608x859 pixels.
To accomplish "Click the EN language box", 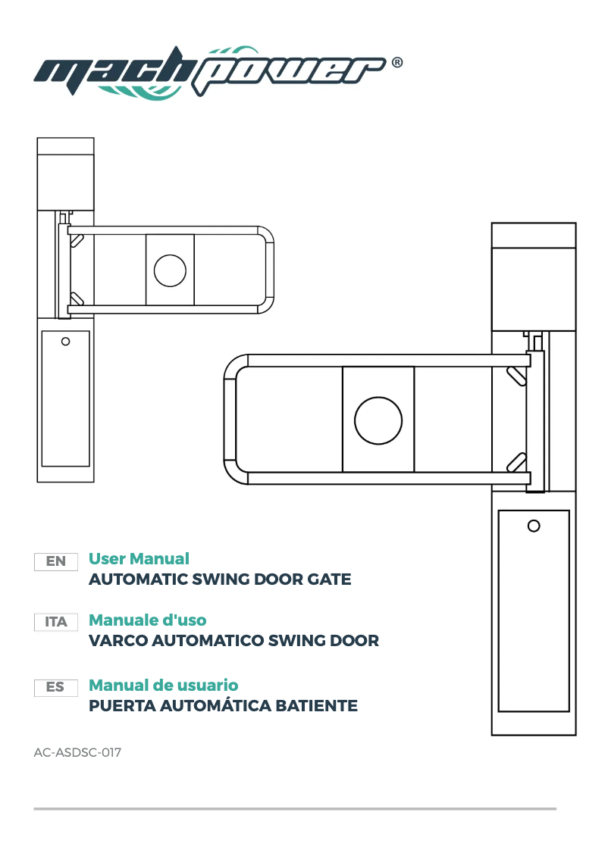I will tap(56, 561).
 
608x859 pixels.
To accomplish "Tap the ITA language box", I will tap(56, 622).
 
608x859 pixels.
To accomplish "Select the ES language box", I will tap(56, 687).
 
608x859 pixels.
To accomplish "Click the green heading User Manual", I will tap(139, 559).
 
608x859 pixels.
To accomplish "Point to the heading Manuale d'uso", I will tap(147, 620).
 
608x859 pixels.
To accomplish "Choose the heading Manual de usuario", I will tap(163, 686).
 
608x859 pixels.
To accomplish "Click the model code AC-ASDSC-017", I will tap(77, 753).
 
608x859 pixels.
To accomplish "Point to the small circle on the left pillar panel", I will tap(65, 342).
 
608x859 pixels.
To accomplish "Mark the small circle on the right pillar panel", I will tap(533, 526).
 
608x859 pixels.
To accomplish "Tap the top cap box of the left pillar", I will tap(66, 173).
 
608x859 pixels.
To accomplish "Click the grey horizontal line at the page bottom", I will tap(295, 808).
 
